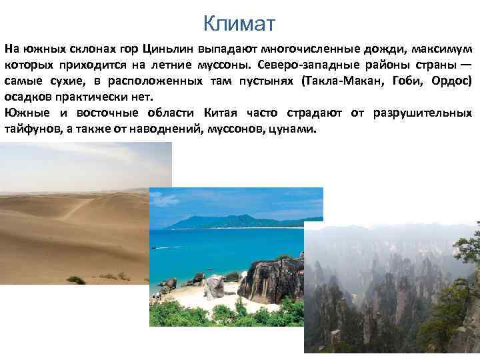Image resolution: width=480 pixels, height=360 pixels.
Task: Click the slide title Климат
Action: click(239, 25)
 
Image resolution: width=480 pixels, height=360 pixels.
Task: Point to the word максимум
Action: click(442, 49)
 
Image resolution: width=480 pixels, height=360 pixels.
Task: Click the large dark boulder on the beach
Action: click(270, 280)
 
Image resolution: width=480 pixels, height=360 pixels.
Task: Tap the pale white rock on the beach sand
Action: click(215, 287)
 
